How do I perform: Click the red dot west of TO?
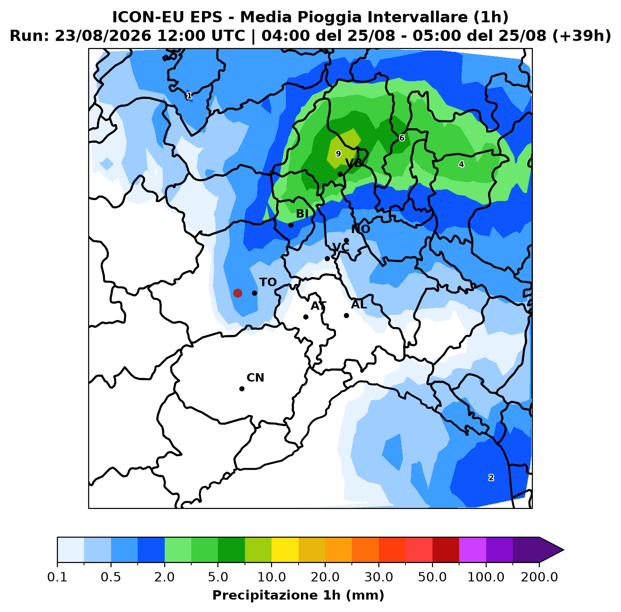(237, 293)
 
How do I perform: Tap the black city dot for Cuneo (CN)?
(242, 389)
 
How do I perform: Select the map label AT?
(318, 306)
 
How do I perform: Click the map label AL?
(359, 304)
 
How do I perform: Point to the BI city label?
(302, 213)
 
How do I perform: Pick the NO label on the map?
(361, 229)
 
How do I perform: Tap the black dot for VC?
(327, 258)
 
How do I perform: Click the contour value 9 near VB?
(338, 154)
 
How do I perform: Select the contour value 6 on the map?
(402, 138)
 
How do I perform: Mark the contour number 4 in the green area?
(461, 164)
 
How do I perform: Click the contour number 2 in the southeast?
(491, 478)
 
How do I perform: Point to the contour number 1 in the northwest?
(189, 96)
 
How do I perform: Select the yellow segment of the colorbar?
(285, 550)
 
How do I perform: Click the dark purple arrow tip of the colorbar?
(563, 550)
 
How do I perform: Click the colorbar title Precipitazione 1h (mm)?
(298, 595)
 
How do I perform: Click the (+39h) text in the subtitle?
(582, 36)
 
